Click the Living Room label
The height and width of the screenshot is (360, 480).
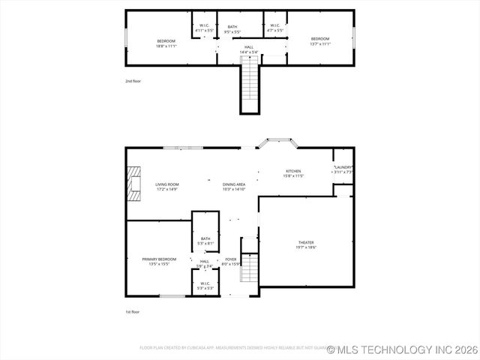[x=166, y=187]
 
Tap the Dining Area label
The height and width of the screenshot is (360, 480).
[x=234, y=187]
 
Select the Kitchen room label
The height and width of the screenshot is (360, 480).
[x=293, y=173]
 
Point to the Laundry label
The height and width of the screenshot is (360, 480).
[x=343, y=169]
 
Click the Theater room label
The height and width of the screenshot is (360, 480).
[x=306, y=244]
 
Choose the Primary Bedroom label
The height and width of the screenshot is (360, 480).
[x=159, y=261]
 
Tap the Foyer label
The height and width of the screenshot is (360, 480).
[x=231, y=261]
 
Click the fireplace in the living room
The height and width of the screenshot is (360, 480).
[x=133, y=184]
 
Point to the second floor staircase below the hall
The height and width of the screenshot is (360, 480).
[x=249, y=86]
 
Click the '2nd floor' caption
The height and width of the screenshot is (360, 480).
[x=133, y=80]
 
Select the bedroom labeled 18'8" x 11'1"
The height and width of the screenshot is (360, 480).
[x=166, y=43]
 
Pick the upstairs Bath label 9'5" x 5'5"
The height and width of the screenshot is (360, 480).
[x=232, y=29]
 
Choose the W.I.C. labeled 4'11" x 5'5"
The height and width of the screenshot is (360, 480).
[x=204, y=28]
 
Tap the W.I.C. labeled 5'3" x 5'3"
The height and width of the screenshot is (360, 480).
[x=205, y=286]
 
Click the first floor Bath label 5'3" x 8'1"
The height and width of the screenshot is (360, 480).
[x=205, y=241]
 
